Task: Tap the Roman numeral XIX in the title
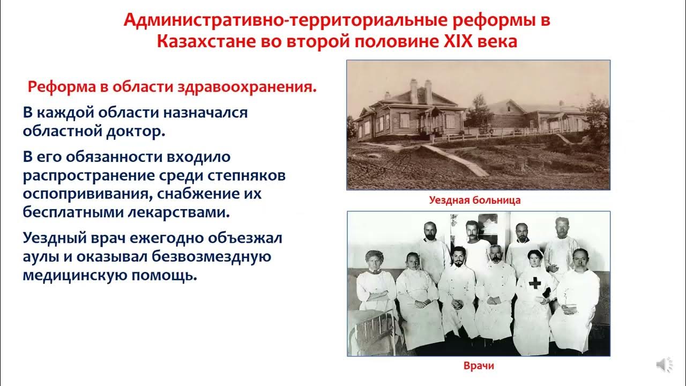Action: pos(459,41)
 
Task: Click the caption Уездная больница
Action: pos(475,201)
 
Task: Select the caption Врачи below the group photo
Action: pos(478,366)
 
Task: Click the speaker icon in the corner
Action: pos(664,365)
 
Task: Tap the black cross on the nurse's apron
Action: pos(534,283)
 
